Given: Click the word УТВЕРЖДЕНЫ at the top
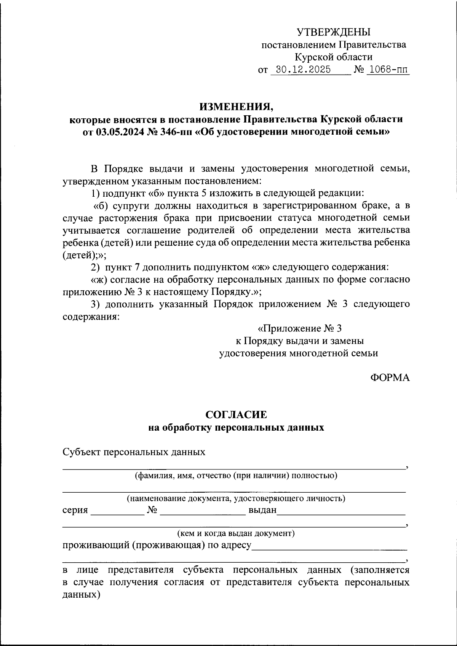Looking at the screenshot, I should tap(334, 32).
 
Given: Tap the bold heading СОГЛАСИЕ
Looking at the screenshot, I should tap(236, 414).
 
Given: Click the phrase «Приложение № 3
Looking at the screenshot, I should tap(300, 328).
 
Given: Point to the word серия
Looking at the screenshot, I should tap(75, 510).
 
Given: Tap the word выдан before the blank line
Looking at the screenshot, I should tap(262, 510).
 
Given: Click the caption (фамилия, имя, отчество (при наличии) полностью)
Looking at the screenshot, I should tap(236, 475).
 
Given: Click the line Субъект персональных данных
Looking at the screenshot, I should tap(134, 452).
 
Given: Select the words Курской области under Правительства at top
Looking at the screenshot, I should tap(334, 57).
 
